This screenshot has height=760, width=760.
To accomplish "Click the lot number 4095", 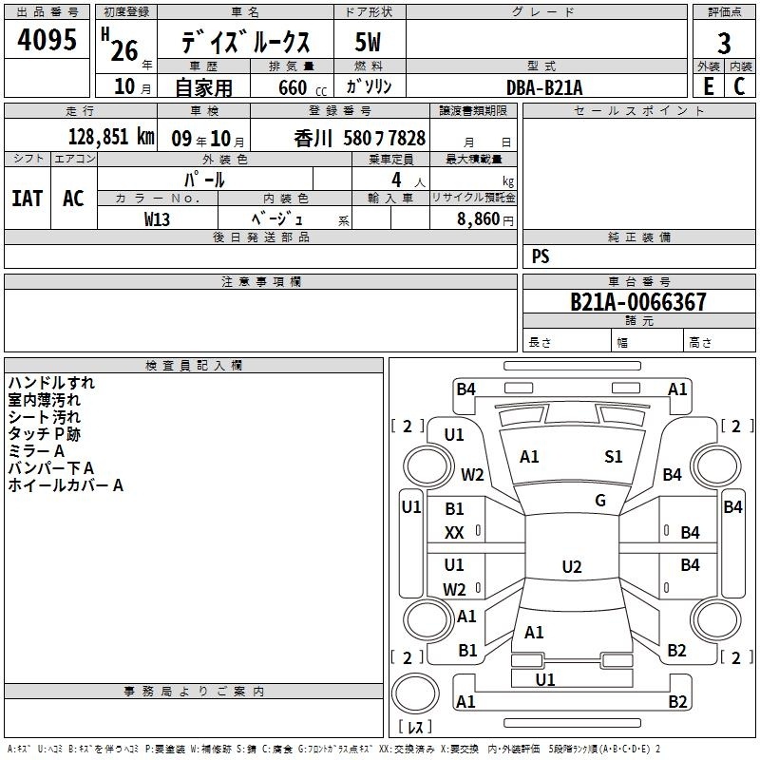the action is pos(47,39).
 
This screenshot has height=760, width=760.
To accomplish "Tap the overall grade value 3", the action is pos(724,44).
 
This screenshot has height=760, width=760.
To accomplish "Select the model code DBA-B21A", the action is pos(544,87).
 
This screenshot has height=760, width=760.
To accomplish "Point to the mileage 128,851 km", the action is pos(111,137).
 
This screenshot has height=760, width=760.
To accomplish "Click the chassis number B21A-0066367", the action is pos(638,302).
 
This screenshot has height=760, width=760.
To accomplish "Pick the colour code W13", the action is pos(157,219).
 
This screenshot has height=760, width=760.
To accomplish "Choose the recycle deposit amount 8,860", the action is pos(478,219).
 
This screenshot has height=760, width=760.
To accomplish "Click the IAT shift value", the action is pos(28,199).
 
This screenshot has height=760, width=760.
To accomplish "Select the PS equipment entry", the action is pos(541,256).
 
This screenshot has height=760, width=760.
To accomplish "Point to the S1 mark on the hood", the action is pos(613,456).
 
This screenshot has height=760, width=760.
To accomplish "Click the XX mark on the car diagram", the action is pos(454,533).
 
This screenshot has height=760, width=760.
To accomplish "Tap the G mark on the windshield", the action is pos(600,501).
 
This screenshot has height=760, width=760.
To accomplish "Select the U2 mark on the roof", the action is pos(572,566).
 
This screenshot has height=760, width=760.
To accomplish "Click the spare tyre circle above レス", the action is pos(415,693).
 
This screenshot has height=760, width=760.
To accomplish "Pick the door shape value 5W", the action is pos(368,42).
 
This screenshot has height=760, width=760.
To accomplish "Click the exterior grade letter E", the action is pos(708,86).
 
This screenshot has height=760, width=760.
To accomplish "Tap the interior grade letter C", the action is pos(739,86).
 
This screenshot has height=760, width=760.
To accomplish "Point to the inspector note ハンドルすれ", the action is pos(51,383).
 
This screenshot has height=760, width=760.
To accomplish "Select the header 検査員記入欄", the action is pos(194,366).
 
